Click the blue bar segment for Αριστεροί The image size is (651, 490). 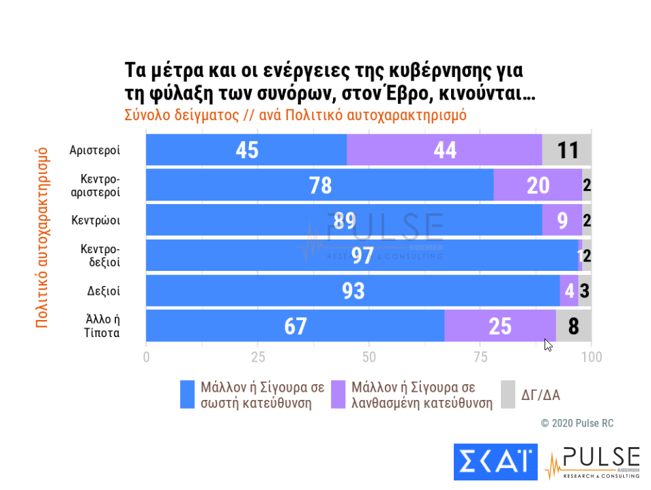point(246,149)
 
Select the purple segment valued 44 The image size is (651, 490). point(444,149)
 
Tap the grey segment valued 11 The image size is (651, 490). point(567,149)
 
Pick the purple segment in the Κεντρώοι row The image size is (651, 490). point(562,220)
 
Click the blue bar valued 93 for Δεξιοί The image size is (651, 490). point(353,291)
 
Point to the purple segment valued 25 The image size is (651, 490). point(500,326)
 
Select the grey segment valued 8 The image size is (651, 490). point(574,326)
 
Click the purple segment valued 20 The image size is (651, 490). point(538,185)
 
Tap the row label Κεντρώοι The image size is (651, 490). point(96,220)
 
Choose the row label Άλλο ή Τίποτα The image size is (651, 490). point(104,326)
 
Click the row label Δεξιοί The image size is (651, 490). point(104,291)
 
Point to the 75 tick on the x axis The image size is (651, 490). point(480,357)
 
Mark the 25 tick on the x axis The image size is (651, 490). point(258,357)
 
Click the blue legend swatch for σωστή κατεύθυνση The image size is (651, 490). point(187,394)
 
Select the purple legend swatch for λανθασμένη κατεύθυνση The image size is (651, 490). point(338,394)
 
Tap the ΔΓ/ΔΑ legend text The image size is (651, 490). point(541,394)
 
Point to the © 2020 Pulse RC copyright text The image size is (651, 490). point(577,423)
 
